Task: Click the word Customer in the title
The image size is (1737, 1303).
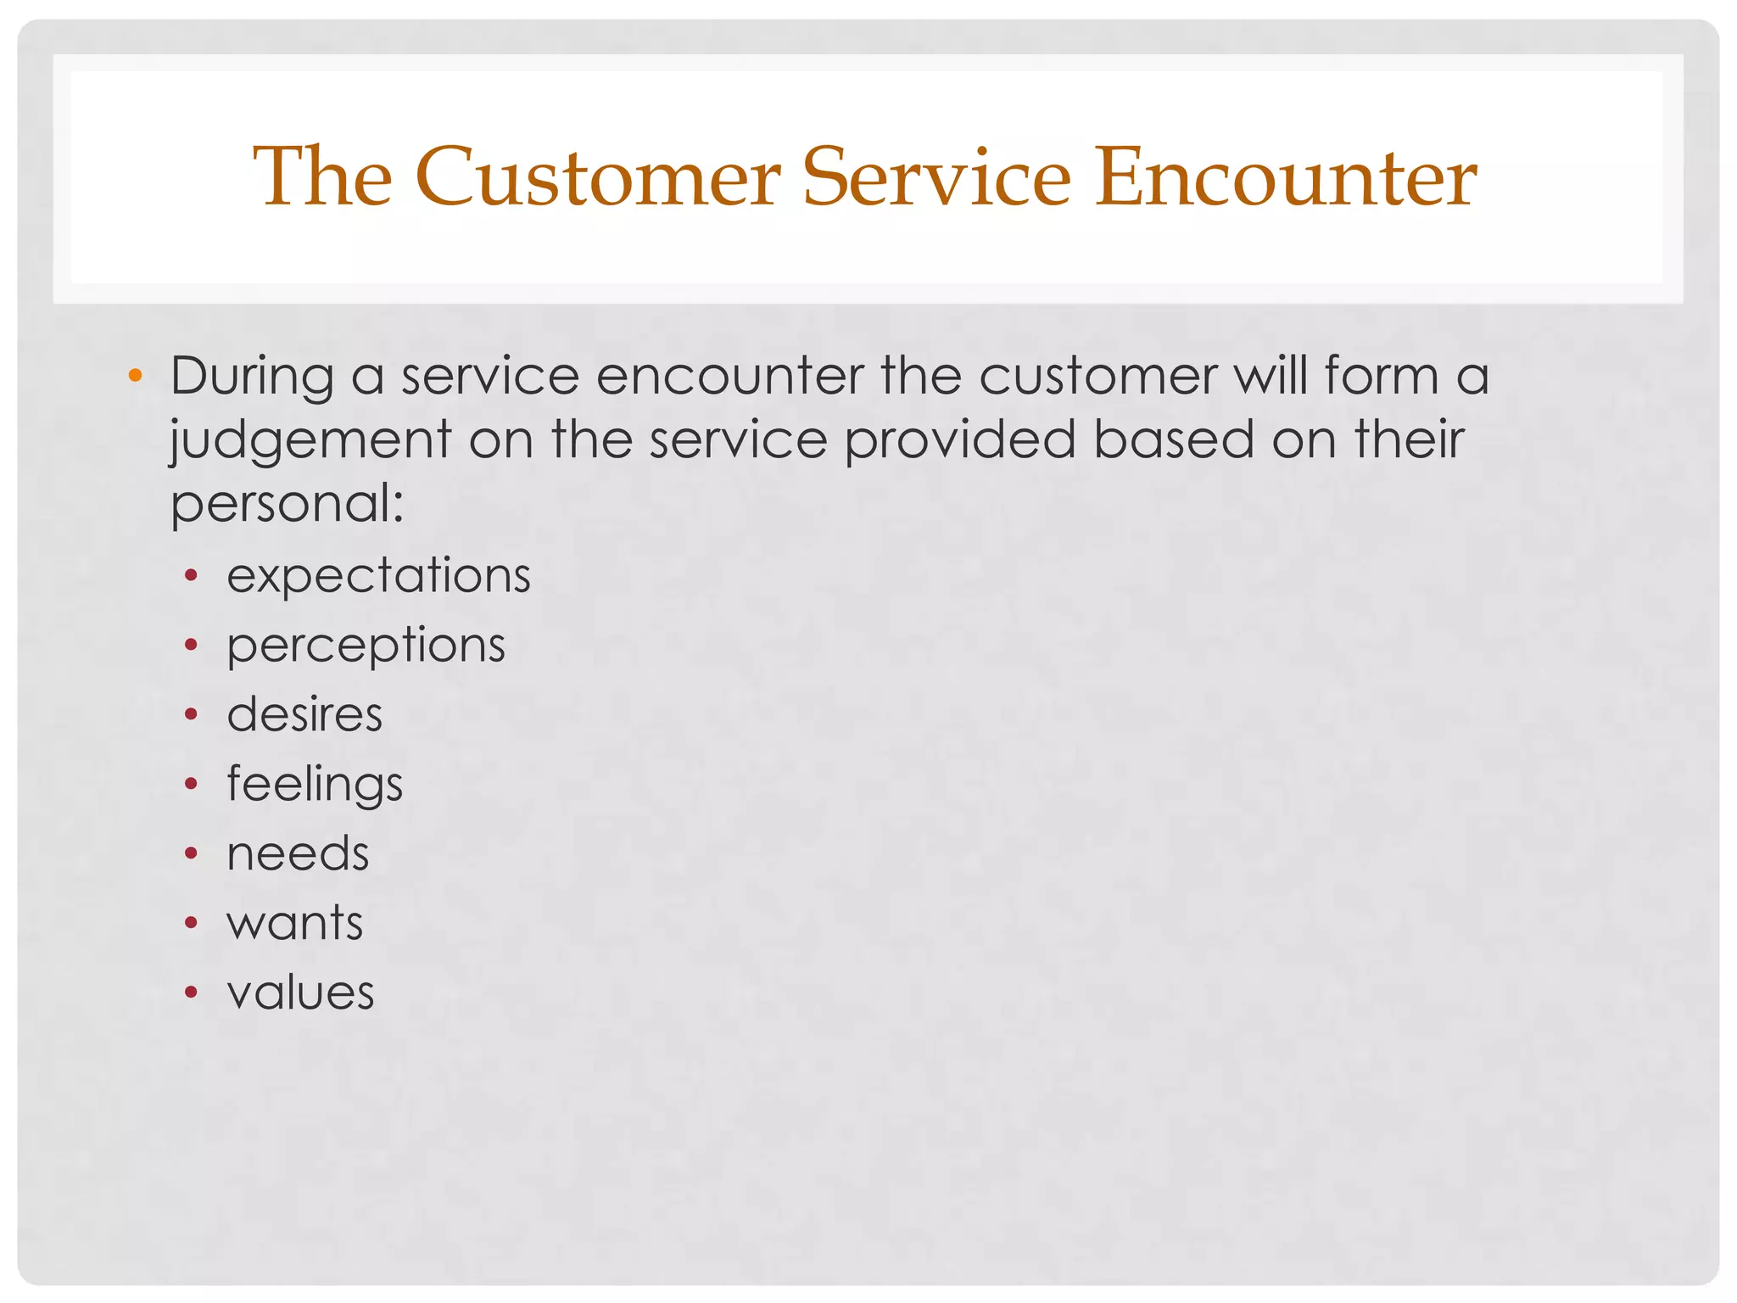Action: click(x=597, y=177)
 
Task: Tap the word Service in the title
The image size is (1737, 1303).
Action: click(x=936, y=177)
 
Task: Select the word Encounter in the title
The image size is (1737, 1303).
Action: click(x=1286, y=177)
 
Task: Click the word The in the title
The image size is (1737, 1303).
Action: click(x=322, y=177)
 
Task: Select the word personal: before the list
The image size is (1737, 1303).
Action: click(x=287, y=504)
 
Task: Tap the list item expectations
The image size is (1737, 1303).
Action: click(x=378, y=576)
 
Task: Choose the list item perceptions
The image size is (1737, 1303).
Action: click(x=366, y=646)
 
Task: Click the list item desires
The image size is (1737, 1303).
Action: click(x=304, y=714)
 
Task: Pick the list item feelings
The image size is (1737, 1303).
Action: click(x=315, y=784)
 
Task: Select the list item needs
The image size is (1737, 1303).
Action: click(x=298, y=853)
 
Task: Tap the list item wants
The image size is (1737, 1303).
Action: click(x=294, y=923)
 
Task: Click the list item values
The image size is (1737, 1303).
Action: click(x=300, y=993)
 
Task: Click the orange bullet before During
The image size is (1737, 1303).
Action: click(x=135, y=375)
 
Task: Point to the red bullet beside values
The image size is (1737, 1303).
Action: click(x=192, y=992)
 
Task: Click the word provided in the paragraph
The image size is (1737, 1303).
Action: click(x=959, y=439)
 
